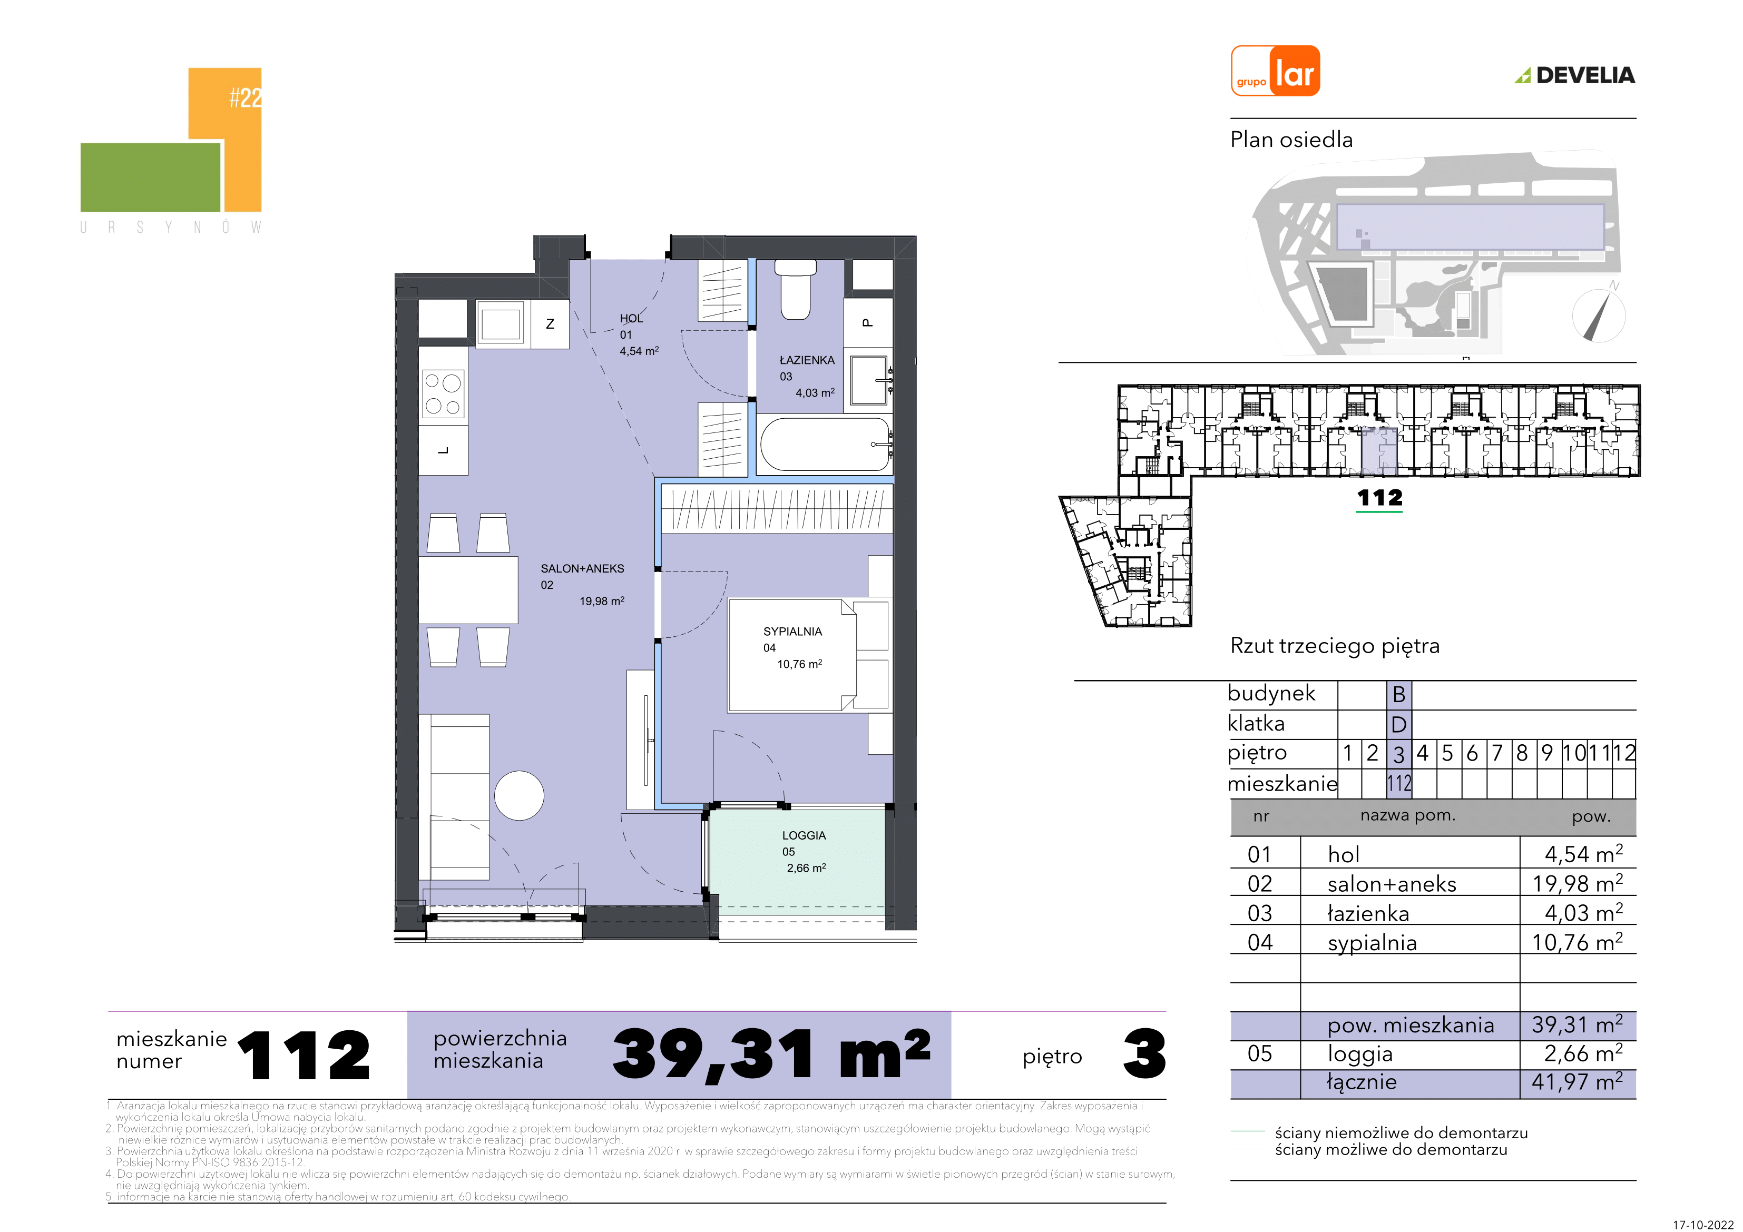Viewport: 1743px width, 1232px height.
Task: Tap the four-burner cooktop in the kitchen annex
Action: tap(443, 394)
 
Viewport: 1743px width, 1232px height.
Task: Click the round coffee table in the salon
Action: tap(519, 795)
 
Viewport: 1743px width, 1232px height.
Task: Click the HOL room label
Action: tap(631, 319)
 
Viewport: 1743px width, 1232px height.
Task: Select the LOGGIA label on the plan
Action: tap(804, 835)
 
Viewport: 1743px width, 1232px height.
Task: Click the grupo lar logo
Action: tap(1275, 71)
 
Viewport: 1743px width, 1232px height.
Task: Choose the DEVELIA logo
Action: tap(1575, 75)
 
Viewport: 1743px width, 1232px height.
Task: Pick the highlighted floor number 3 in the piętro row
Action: tap(1398, 754)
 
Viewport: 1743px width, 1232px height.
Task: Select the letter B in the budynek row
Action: tap(1398, 694)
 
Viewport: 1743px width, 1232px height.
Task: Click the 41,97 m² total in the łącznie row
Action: tap(1576, 1082)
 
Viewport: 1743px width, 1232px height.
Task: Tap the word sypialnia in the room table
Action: tap(1372, 943)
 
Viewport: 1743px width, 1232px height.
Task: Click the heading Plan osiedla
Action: tap(1291, 140)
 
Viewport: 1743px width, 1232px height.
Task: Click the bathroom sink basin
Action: tap(869, 380)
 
